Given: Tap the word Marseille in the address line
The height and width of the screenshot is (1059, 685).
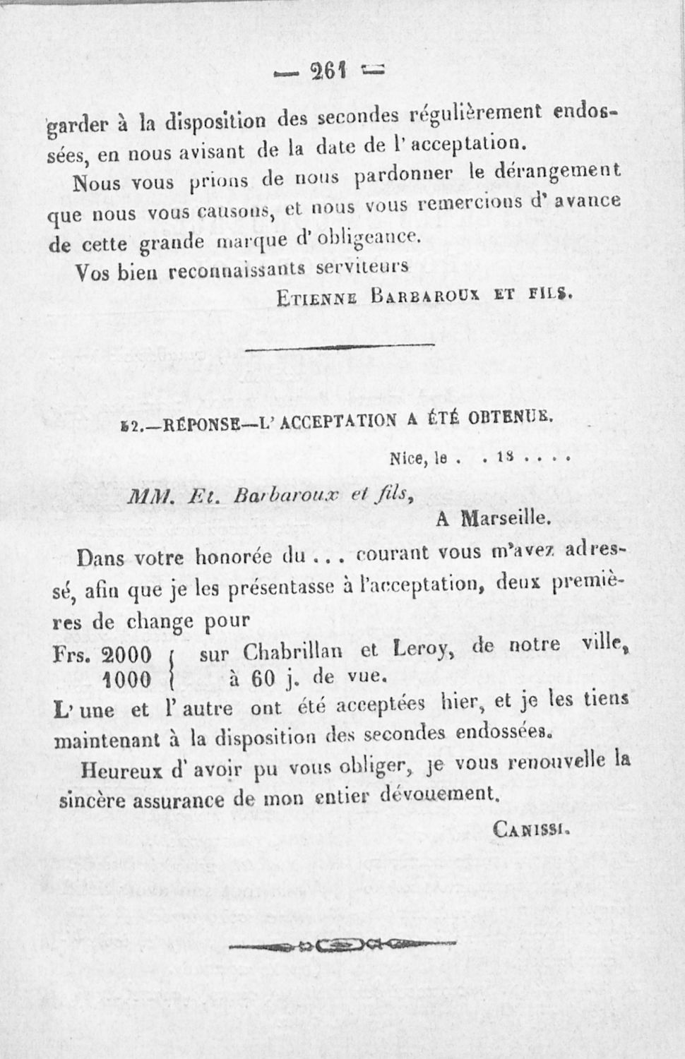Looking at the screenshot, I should [504, 519].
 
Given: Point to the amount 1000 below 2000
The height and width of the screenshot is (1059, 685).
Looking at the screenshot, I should [127, 679].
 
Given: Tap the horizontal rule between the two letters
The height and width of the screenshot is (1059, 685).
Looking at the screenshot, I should [343, 347].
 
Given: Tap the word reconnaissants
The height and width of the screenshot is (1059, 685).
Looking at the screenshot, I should [234, 270].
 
